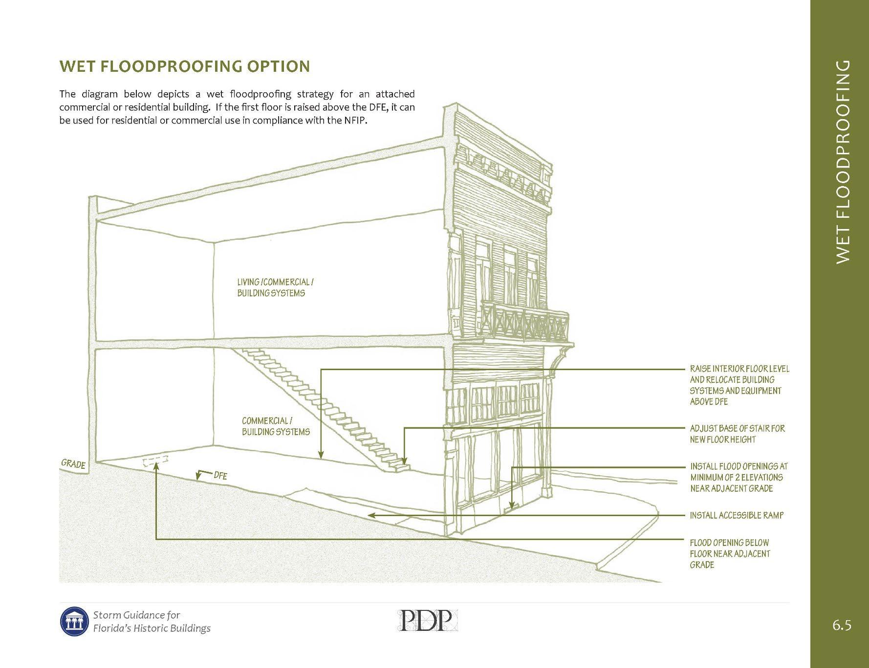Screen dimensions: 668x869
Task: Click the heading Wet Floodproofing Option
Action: click(x=184, y=66)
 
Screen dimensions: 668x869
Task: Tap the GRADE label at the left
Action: click(x=73, y=464)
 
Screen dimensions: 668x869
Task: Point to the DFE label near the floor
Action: click(x=220, y=475)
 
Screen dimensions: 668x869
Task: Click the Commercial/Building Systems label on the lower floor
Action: click(x=276, y=426)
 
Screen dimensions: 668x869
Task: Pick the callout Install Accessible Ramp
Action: click(x=737, y=515)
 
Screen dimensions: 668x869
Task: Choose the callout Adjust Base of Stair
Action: click(x=737, y=434)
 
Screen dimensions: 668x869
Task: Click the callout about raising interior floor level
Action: click(x=739, y=385)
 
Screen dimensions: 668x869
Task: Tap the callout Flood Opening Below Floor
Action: click(x=730, y=553)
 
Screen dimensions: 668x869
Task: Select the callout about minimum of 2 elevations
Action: click(x=739, y=477)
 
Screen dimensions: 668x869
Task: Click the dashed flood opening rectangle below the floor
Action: click(x=156, y=461)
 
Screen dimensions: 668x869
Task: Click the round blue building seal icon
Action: click(x=74, y=622)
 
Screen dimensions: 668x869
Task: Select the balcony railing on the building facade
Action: click(x=525, y=320)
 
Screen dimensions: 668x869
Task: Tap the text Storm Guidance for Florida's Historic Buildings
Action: click(x=152, y=622)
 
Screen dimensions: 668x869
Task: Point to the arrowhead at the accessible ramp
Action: click(x=371, y=515)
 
